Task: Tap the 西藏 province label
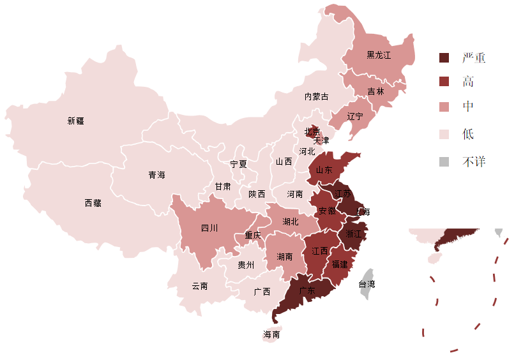tap(93, 203)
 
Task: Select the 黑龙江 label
tap(379, 56)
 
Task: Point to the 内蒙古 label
tap(317, 96)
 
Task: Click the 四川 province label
tap(209, 228)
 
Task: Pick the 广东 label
tap(307, 290)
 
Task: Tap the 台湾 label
tap(367, 284)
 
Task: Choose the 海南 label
tap(271, 334)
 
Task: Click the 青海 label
tap(157, 175)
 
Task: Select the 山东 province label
tap(324, 170)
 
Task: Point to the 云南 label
tap(200, 286)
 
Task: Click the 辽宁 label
tap(355, 116)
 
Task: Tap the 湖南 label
tap(285, 257)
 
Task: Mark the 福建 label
tap(340, 264)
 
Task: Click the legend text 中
tap(468, 107)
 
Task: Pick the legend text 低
tap(468, 134)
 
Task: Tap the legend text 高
tap(468, 82)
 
